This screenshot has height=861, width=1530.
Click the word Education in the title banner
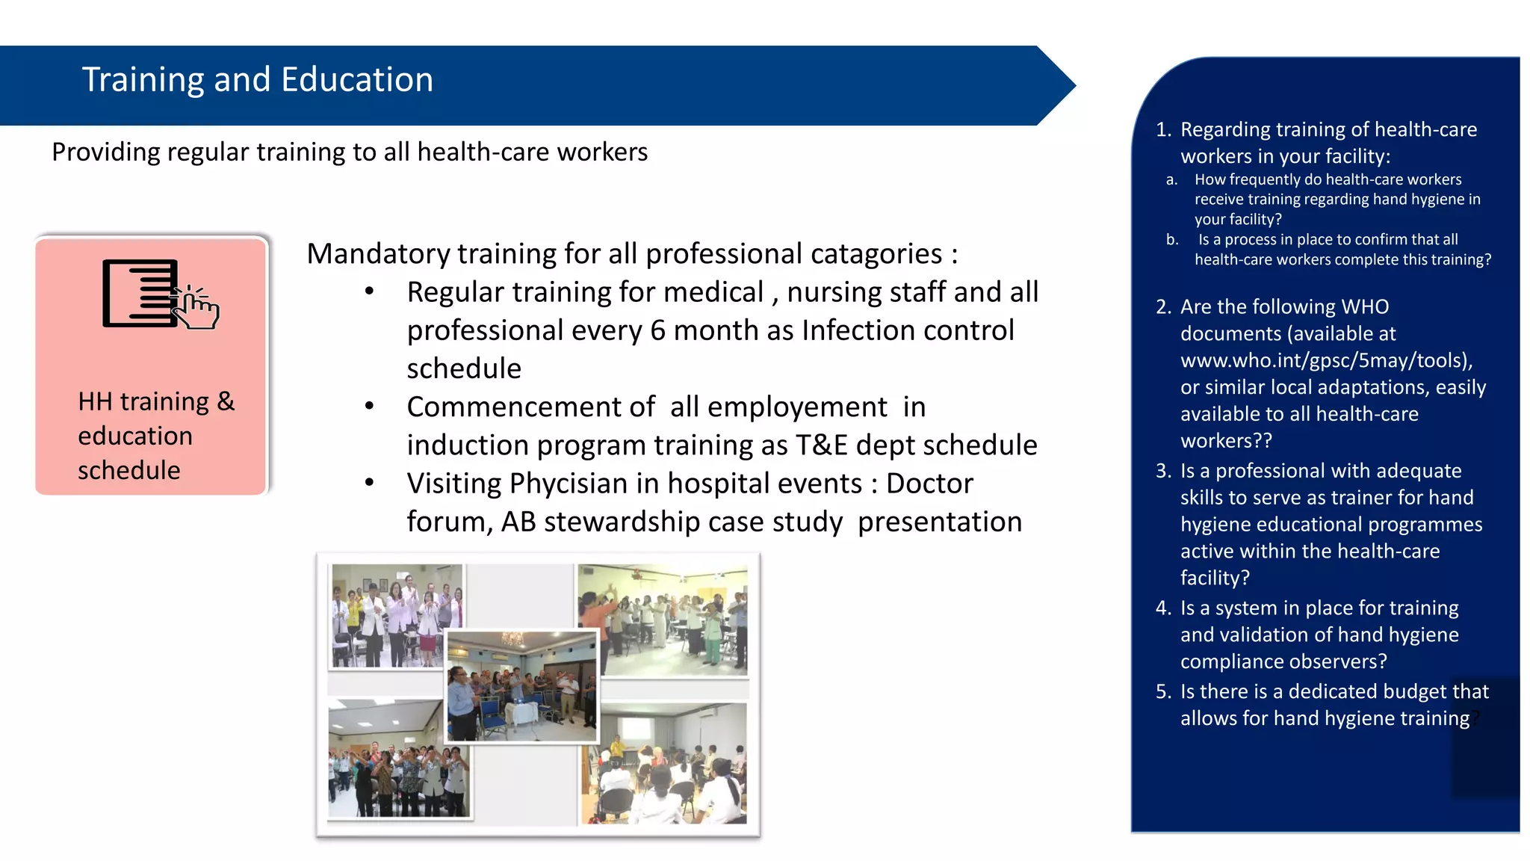(357, 80)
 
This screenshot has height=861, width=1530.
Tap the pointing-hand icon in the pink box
(196, 307)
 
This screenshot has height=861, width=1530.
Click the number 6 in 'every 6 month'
(657, 330)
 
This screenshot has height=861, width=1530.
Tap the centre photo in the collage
(521, 686)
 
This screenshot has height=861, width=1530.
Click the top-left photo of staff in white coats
(397, 616)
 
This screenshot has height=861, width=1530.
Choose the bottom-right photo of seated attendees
(663, 763)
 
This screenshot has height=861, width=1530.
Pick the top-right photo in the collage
(662, 620)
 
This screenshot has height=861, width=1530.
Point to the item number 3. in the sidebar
(1163, 471)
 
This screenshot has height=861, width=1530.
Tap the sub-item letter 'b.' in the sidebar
(1171, 240)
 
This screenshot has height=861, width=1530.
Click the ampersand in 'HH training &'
(226, 402)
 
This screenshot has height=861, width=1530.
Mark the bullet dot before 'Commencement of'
(369, 407)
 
